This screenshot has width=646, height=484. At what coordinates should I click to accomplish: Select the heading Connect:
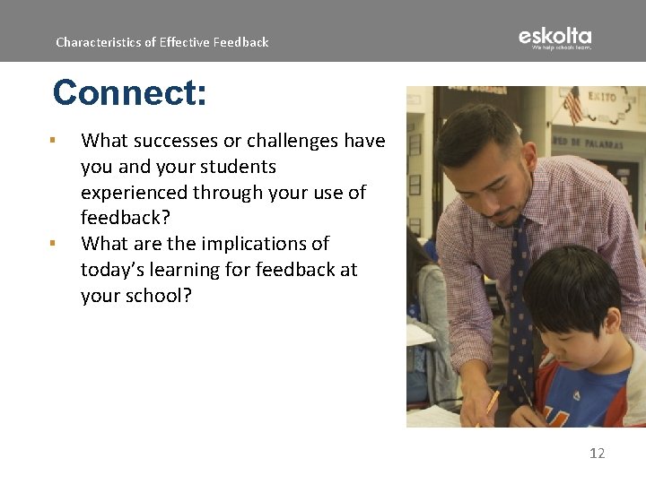pyautogui.click(x=129, y=92)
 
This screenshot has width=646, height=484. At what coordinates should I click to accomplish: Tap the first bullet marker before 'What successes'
pyautogui.click(x=54, y=141)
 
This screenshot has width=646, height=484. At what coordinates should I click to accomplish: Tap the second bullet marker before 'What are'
pyautogui.click(x=54, y=244)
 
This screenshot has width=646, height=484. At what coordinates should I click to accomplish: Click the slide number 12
pyautogui.click(x=597, y=454)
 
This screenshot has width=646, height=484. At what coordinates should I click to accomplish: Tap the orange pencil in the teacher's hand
pyautogui.click(x=491, y=402)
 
